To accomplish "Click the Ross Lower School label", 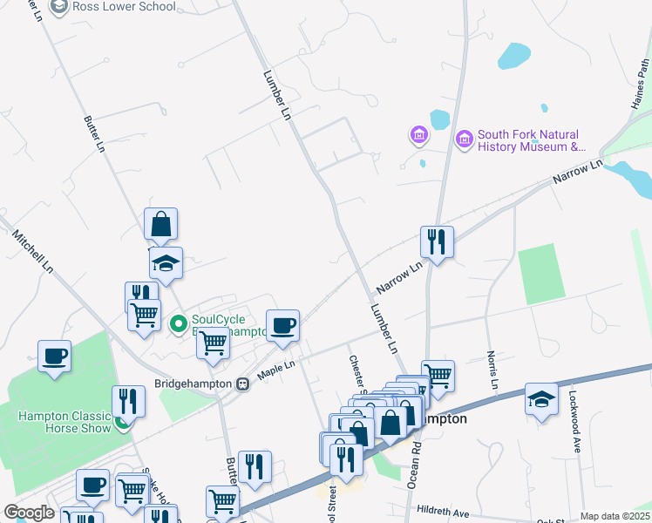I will (124, 7).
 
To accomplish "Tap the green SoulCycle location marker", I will (179, 325).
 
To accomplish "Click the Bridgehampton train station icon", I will (244, 384).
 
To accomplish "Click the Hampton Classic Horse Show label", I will (65, 422).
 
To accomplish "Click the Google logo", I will (29, 513).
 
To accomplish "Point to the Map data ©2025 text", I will (615, 516).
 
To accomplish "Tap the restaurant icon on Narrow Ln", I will (437, 241).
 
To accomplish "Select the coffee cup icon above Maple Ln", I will (282, 326).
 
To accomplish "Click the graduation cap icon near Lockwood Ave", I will (541, 400).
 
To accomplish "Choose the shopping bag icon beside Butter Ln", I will (161, 225).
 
